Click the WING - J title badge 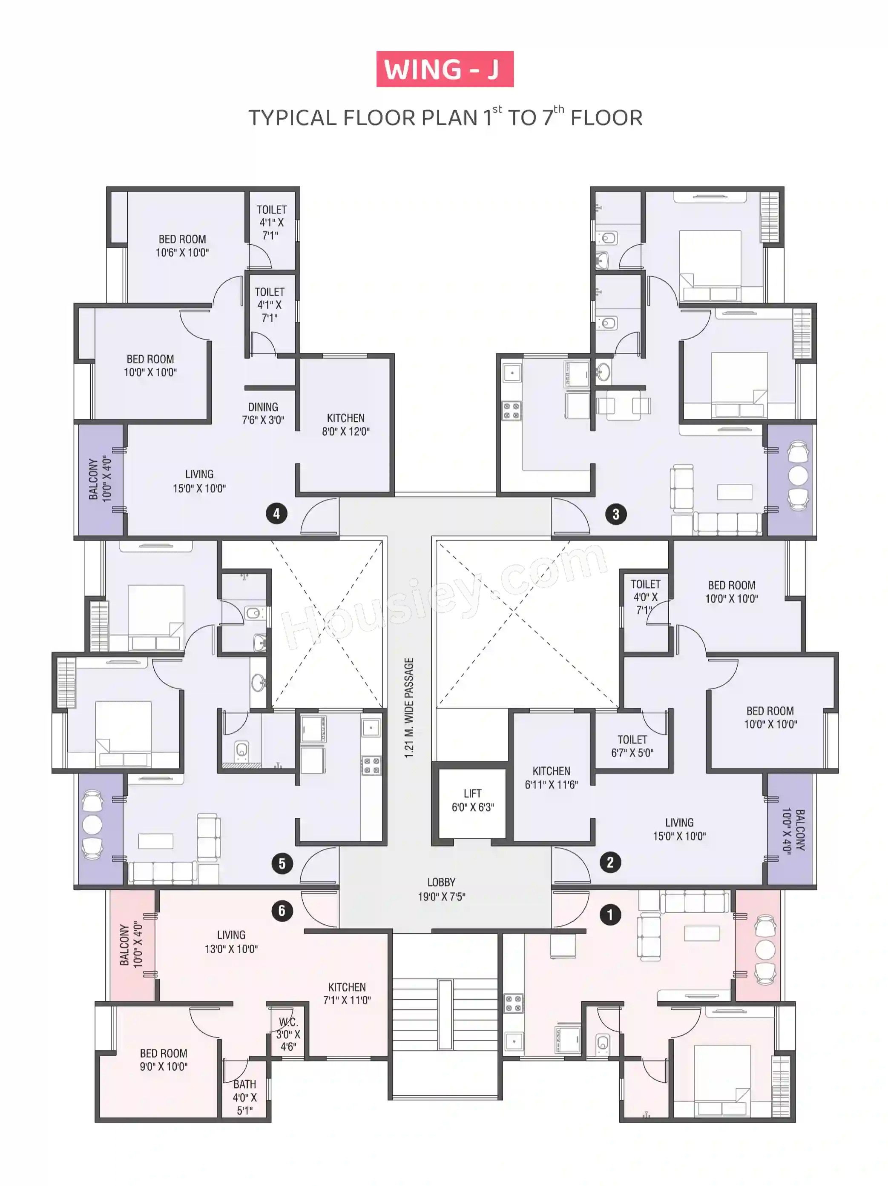(445, 69)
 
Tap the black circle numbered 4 (276, 514)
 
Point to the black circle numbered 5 (282, 863)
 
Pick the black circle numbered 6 (282, 910)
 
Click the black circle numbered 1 (609, 915)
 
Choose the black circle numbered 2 (610, 862)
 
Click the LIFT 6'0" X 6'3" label (473, 800)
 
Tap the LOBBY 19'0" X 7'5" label (442, 889)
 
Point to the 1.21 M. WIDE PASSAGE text (409, 708)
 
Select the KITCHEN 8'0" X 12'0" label (346, 425)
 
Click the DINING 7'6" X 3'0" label (263, 413)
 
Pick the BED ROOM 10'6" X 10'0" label (182, 246)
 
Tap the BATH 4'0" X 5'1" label (244, 1097)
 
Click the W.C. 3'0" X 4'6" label (288, 1034)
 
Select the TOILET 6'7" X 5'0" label (632, 746)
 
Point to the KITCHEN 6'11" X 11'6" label (552, 778)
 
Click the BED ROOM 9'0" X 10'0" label (164, 1060)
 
